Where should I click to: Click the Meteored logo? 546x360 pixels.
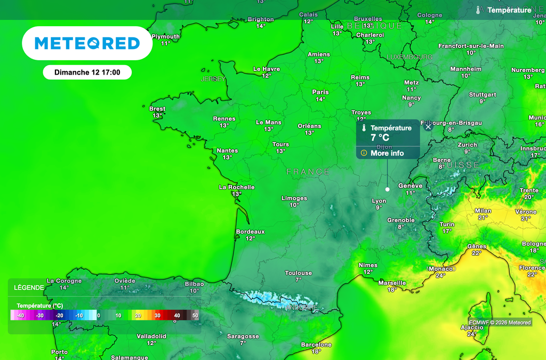point(87,43)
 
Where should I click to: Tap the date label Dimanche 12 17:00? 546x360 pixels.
point(87,72)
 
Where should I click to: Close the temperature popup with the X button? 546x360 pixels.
point(428,127)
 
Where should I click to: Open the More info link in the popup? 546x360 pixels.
point(387,153)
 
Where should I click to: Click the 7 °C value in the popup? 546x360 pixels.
point(380,138)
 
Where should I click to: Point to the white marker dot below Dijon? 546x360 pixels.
point(387,189)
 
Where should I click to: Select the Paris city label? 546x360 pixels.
point(320,92)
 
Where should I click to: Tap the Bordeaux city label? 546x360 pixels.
point(250,231)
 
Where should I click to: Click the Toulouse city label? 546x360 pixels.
point(298,273)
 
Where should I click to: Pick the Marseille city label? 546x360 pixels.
point(392,283)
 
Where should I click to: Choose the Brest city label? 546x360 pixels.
point(157,109)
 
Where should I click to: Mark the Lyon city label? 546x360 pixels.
point(379,201)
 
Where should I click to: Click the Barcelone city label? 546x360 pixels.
point(316,345)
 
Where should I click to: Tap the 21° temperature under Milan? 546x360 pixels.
point(483,218)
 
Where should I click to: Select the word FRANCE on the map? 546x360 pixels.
point(308,172)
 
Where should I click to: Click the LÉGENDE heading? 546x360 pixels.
point(29,287)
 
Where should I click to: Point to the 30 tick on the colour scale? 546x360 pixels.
point(157,316)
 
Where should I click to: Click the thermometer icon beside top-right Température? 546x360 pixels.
point(479,10)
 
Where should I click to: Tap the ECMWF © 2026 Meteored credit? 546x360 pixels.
point(500,322)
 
